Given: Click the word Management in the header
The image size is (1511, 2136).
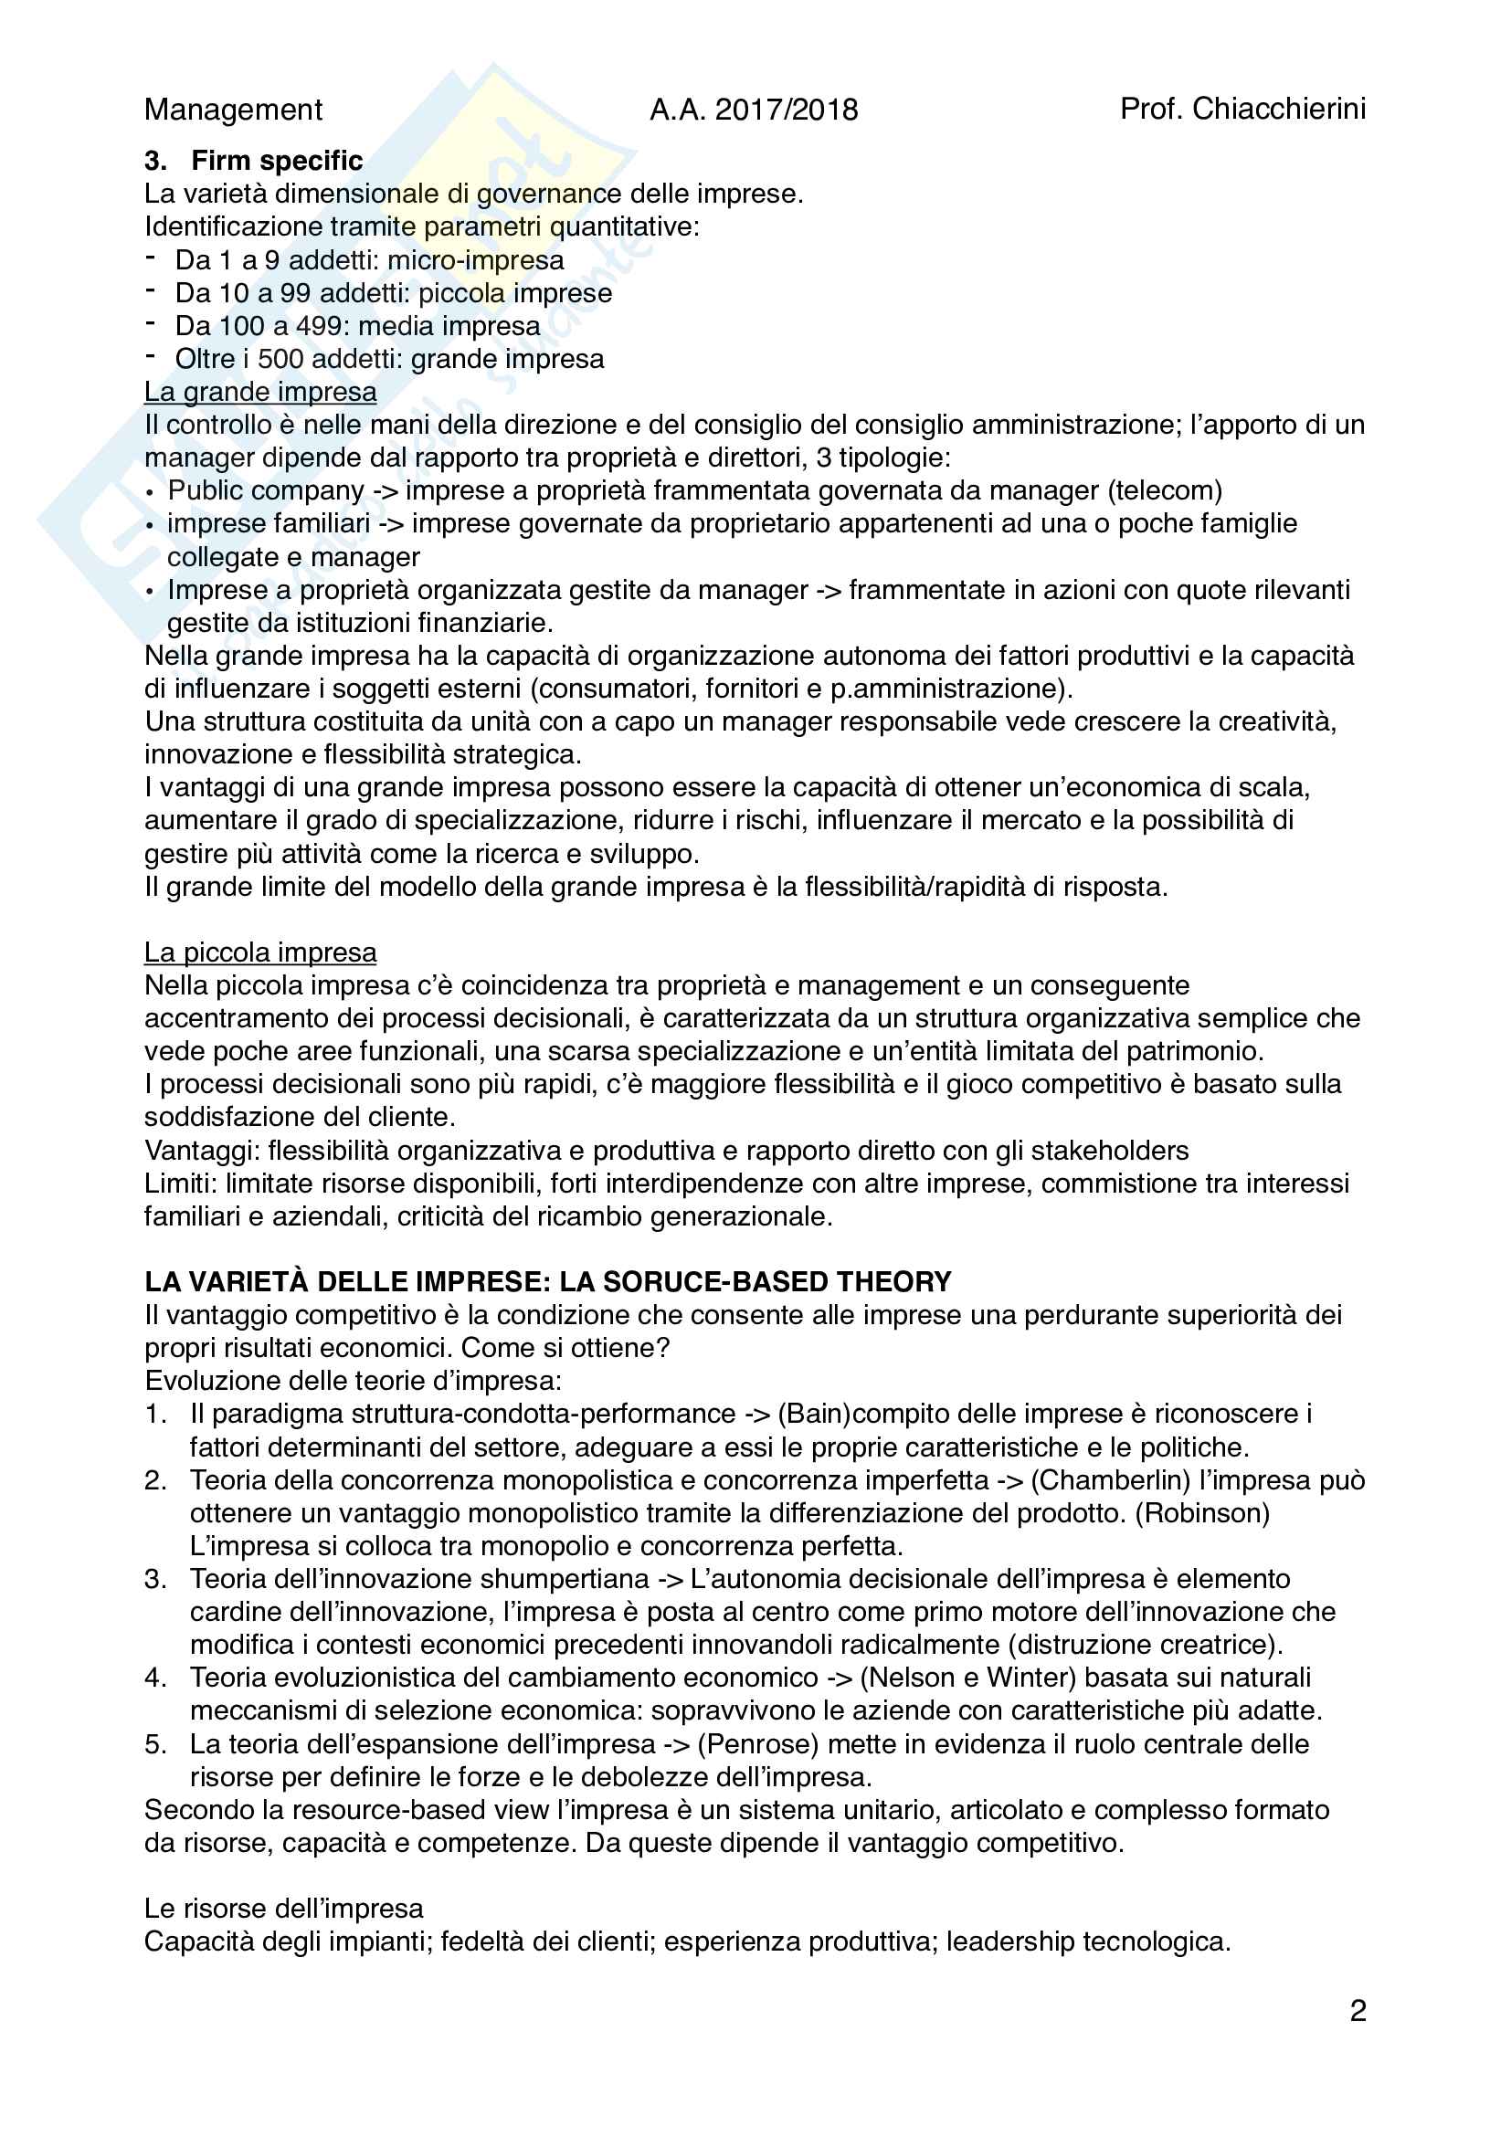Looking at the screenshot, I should click(234, 110).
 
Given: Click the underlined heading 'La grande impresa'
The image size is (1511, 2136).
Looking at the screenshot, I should click(260, 392).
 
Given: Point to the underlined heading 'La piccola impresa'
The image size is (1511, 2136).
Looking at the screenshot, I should click(260, 952).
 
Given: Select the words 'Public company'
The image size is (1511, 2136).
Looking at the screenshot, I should click(266, 490).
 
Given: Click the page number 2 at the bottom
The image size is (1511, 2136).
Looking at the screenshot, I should click(1358, 2011).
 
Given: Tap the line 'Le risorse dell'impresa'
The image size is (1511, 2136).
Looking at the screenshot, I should click(284, 1909).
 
